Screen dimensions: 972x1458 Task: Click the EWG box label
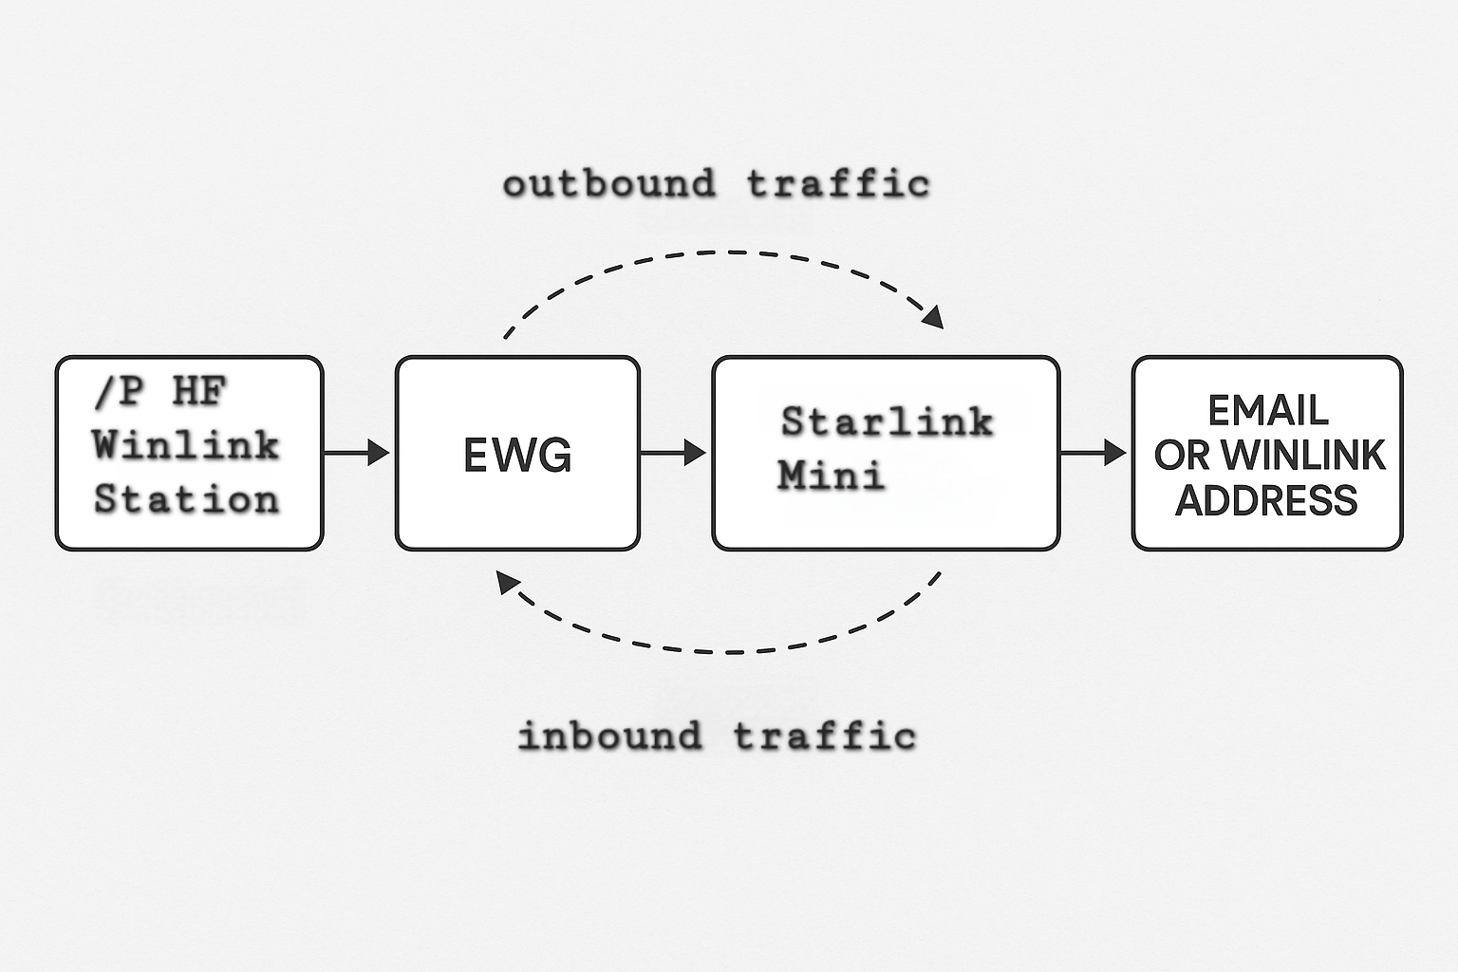pyautogui.click(x=517, y=455)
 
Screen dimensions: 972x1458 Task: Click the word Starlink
pyautogui.click(x=887, y=421)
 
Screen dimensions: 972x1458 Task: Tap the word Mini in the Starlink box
pyautogui.click(x=831, y=475)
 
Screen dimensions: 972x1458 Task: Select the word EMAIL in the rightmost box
pyautogui.click(x=1267, y=411)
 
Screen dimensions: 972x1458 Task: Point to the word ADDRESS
pyautogui.click(x=1267, y=500)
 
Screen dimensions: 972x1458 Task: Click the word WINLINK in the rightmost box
pyautogui.click(x=1302, y=456)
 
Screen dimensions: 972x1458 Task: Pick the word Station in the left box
pyautogui.click(x=186, y=499)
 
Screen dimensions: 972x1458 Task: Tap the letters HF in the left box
pyautogui.click(x=199, y=391)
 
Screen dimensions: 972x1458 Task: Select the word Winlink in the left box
pyautogui.click(x=186, y=444)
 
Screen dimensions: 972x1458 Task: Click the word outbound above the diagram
pyautogui.click(x=608, y=183)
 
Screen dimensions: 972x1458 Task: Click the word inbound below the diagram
pyautogui.click(x=610, y=736)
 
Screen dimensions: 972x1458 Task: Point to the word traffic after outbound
pyautogui.click(x=837, y=183)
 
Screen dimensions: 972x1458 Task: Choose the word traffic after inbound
pyautogui.click(x=824, y=736)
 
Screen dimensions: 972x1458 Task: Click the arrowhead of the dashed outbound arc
pyautogui.click(x=934, y=317)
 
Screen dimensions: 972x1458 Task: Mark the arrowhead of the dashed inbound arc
pyautogui.click(x=508, y=582)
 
